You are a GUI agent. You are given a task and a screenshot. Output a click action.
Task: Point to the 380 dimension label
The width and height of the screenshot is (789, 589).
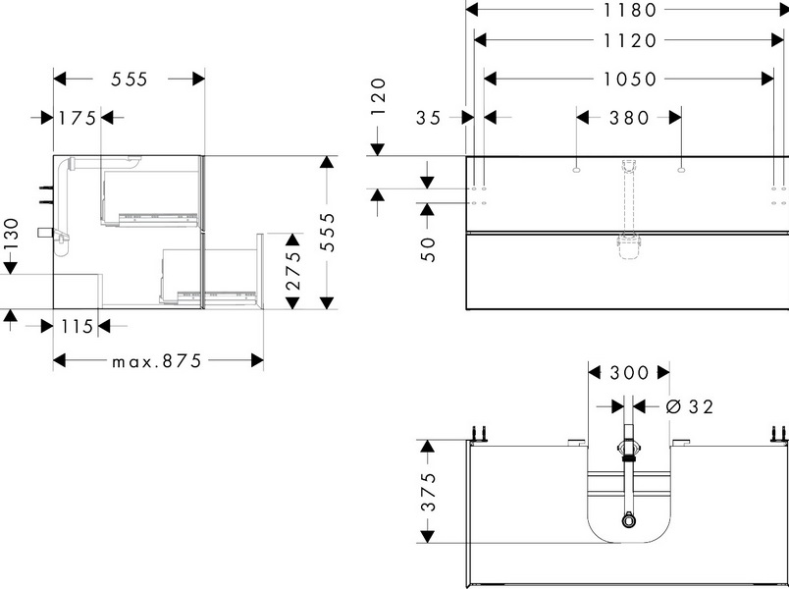(629, 118)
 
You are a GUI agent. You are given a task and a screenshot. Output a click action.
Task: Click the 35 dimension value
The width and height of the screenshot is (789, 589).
(429, 118)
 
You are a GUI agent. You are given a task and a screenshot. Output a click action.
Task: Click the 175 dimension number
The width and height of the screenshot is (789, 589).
(77, 119)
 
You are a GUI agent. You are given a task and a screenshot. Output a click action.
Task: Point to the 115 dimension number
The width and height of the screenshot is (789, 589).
(75, 324)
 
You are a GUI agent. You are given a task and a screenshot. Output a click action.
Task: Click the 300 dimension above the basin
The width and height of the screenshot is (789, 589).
(629, 373)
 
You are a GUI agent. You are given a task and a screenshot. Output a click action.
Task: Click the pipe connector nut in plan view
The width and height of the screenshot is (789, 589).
(627, 452)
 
